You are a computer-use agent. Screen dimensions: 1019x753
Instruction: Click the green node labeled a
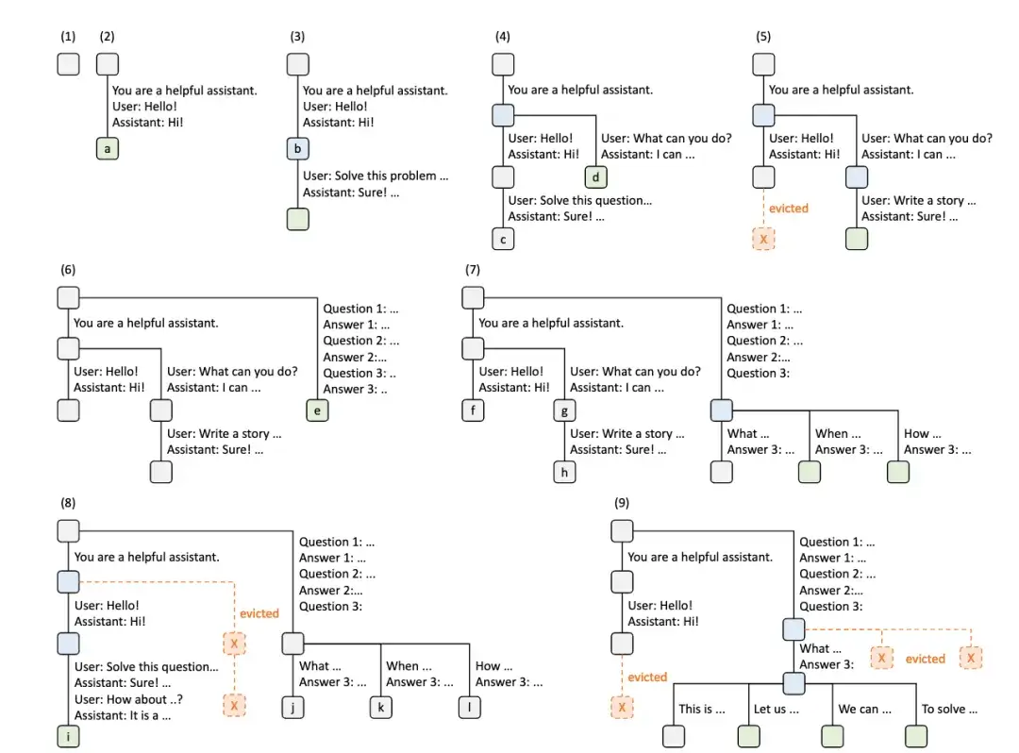(108, 149)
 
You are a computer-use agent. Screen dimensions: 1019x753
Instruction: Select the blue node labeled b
(297, 149)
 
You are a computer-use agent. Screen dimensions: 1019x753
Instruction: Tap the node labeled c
(503, 239)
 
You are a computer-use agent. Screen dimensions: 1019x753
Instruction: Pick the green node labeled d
(596, 176)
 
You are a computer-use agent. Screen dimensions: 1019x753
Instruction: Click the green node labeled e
(317, 410)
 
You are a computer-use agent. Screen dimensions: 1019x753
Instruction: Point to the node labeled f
(473, 410)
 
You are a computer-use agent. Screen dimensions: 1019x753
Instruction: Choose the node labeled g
(564, 410)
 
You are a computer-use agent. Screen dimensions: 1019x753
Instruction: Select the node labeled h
(564, 472)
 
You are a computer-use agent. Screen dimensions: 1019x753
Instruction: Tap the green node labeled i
(68, 736)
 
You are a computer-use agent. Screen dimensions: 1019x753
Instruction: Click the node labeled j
(293, 706)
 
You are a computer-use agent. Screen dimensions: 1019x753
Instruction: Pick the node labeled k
(381, 706)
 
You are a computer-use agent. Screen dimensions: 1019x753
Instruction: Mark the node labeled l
(469, 706)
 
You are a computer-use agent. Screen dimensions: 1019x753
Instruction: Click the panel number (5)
(763, 37)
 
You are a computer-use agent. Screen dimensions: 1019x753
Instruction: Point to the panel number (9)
(622, 503)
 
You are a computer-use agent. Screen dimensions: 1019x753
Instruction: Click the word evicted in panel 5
(788, 208)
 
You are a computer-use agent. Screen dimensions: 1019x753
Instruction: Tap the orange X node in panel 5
(763, 239)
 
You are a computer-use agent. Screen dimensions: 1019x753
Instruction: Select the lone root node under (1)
(68, 64)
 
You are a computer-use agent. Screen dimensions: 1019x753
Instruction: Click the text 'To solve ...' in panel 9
(949, 709)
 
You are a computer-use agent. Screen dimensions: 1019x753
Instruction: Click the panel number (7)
(473, 270)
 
